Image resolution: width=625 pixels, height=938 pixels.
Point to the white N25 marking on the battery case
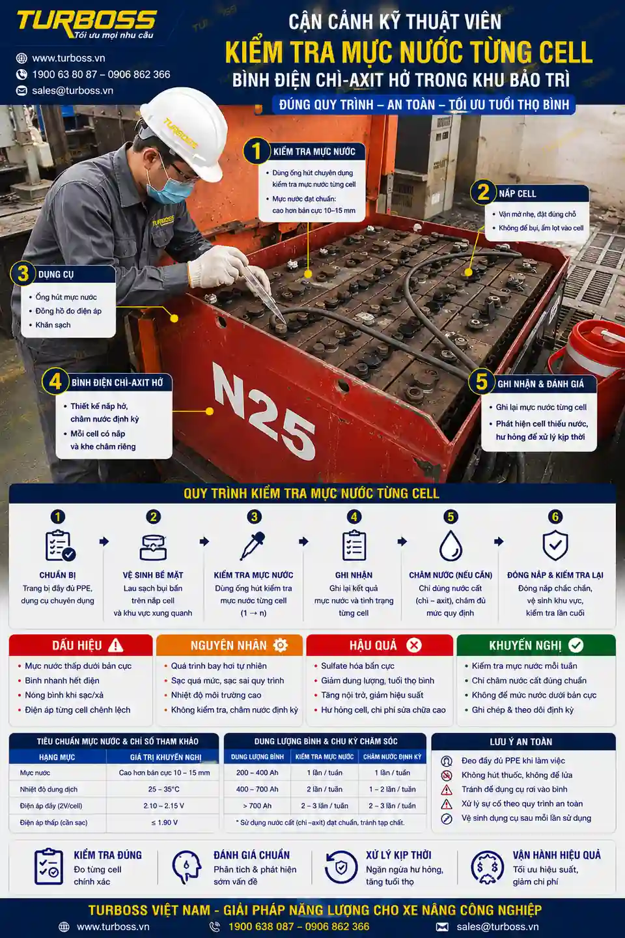(264, 411)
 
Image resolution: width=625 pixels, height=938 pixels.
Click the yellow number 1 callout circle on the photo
(257, 151)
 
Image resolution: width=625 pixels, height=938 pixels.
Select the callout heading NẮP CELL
(517, 194)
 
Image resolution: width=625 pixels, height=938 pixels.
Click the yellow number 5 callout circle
(481, 382)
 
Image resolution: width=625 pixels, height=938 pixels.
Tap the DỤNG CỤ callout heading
(56, 275)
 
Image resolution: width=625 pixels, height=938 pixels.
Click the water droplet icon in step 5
(451, 546)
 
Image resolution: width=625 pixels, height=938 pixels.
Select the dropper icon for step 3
(253, 546)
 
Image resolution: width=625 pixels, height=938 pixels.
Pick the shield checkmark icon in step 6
(555, 546)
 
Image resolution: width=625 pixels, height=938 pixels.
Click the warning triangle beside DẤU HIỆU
(115, 646)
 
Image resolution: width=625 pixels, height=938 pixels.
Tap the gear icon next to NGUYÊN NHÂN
(280, 646)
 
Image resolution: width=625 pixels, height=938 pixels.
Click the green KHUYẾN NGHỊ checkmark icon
(576, 646)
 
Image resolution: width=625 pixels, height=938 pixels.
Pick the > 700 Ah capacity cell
(257, 806)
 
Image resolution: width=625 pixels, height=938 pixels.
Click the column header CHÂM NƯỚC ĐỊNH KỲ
(392, 757)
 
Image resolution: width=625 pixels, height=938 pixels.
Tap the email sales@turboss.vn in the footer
(498, 926)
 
